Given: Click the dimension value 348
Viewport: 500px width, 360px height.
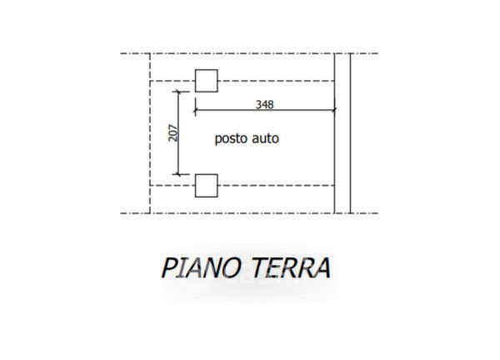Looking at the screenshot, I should pos(266,104).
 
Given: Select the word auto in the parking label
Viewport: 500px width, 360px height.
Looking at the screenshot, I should pos(266,139).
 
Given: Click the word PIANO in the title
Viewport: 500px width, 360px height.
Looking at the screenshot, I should pos(199,268).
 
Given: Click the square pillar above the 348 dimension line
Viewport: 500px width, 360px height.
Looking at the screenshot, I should pos(206,80).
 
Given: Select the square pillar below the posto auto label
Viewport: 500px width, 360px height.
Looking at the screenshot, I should pos(206,185).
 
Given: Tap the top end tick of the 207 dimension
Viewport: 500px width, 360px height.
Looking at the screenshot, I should pos(178,91).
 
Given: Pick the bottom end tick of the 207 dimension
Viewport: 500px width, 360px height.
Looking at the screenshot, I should pos(178,174).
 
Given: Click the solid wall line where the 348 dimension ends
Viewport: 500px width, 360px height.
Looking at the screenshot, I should pos(335,150).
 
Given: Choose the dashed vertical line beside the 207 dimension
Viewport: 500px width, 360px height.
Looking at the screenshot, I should pos(150,133).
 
